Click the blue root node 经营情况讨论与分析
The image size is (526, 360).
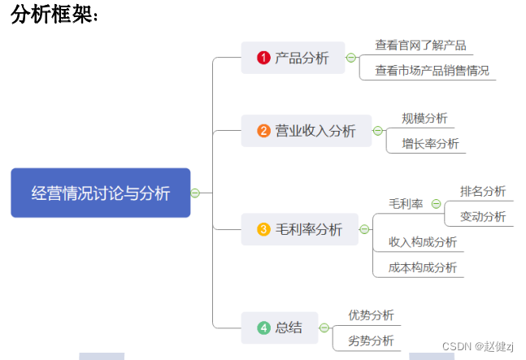(100, 193)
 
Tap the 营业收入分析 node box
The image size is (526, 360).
(306, 131)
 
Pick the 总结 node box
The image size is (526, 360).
(280, 327)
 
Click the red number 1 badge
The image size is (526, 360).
(263, 58)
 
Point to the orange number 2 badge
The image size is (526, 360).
(263, 131)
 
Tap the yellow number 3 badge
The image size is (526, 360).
(263, 230)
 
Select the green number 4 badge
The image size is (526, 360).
(263, 328)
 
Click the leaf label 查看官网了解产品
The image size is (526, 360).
(420, 46)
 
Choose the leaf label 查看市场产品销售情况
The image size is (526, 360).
(432, 71)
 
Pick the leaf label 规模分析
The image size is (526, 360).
(424, 118)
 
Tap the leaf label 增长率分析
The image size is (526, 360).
(430, 144)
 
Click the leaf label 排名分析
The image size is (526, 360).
(483, 191)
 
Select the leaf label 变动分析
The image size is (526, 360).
(483, 216)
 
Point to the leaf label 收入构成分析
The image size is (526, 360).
(423, 241)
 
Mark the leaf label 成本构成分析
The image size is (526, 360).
(423, 267)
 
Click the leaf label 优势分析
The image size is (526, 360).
(371, 314)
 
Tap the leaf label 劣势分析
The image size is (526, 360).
(371, 340)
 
